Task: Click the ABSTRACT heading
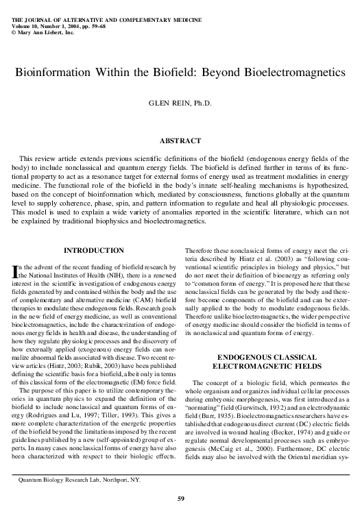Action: pyautogui.click(x=180, y=140)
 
